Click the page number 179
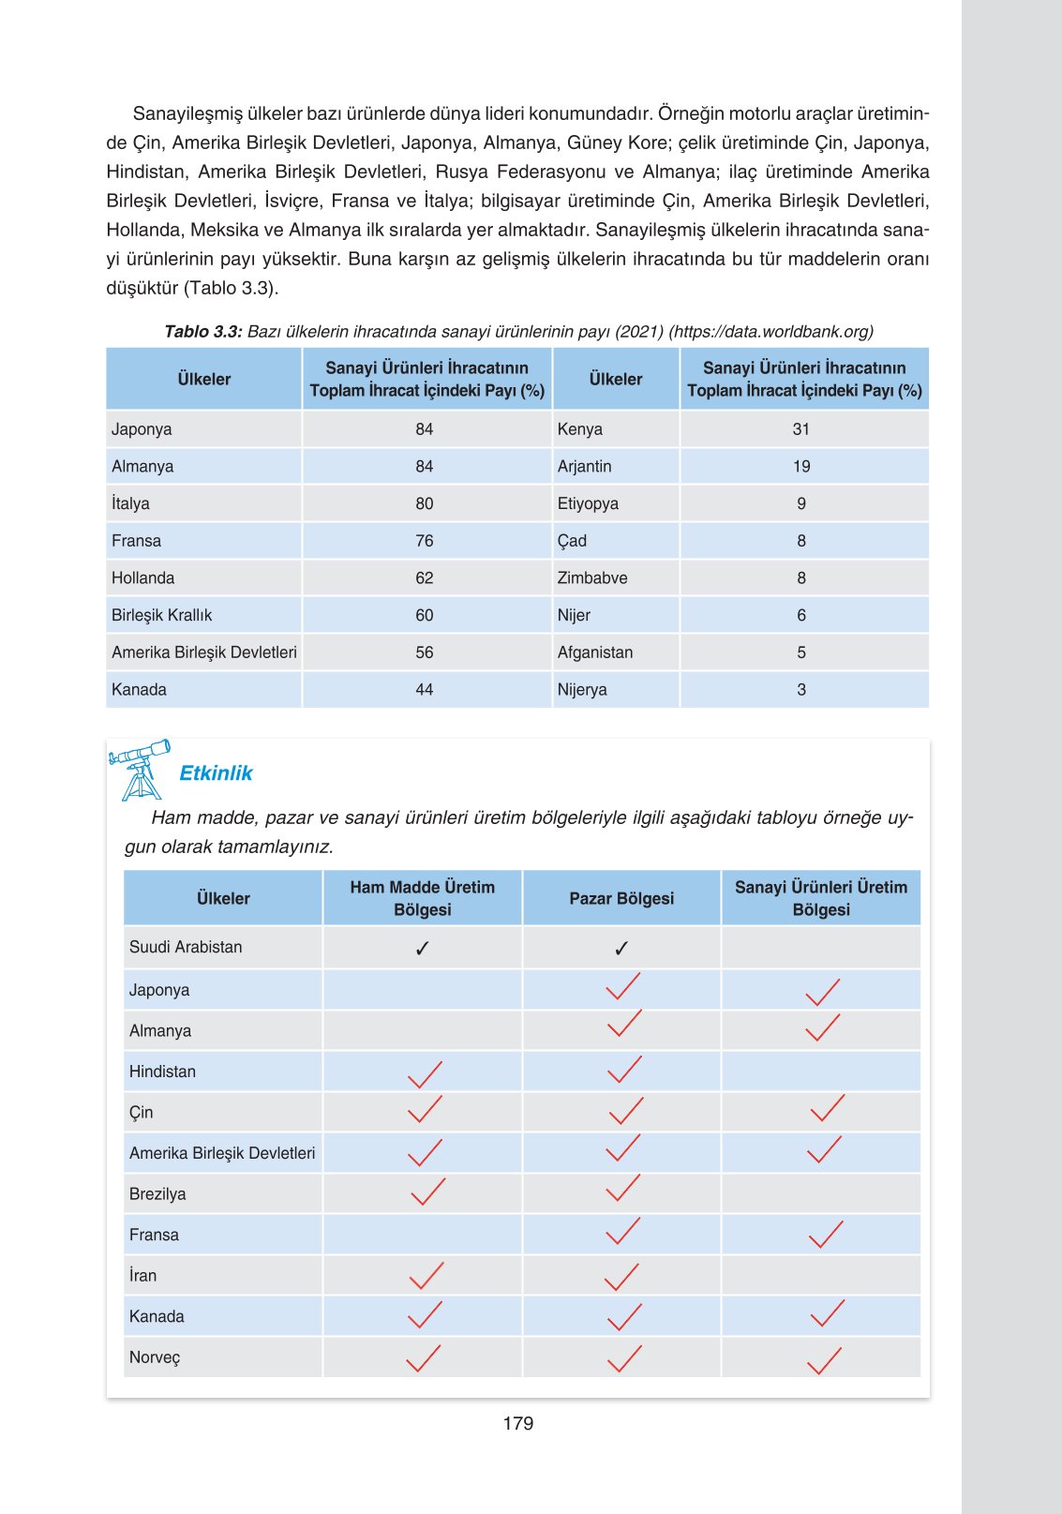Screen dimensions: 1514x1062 coord(517,1423)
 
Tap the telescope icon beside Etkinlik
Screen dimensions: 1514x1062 coord(140,769)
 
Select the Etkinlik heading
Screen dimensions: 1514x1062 coord(216,772)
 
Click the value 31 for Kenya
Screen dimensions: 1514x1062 coord(800,429)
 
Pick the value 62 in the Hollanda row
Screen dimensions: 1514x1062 coord(425,577)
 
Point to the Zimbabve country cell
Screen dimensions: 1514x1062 coord(592,577)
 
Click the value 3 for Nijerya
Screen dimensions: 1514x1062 coord(801,689)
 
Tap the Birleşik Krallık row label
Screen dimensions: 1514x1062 coord(162,615)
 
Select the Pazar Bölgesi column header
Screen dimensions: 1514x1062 coord(621,898)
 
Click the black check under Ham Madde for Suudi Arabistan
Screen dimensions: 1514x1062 coord(422,949)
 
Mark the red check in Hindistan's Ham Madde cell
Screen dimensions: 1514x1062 coord(425,1074)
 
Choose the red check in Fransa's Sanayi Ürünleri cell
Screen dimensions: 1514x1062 coord(826,1235)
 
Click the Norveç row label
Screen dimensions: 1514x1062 coord(155,1357)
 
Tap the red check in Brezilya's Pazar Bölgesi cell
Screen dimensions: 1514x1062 coord(623,1189)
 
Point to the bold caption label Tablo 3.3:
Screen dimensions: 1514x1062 coord(203,331)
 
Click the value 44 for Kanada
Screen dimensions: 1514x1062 coord(425,689)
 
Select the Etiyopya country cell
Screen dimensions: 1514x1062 coord(588,503)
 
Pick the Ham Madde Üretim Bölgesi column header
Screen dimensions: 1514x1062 coord(423,898)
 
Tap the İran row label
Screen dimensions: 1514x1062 coord(143,1276)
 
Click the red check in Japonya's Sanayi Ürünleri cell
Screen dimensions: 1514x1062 coord(823,992)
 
